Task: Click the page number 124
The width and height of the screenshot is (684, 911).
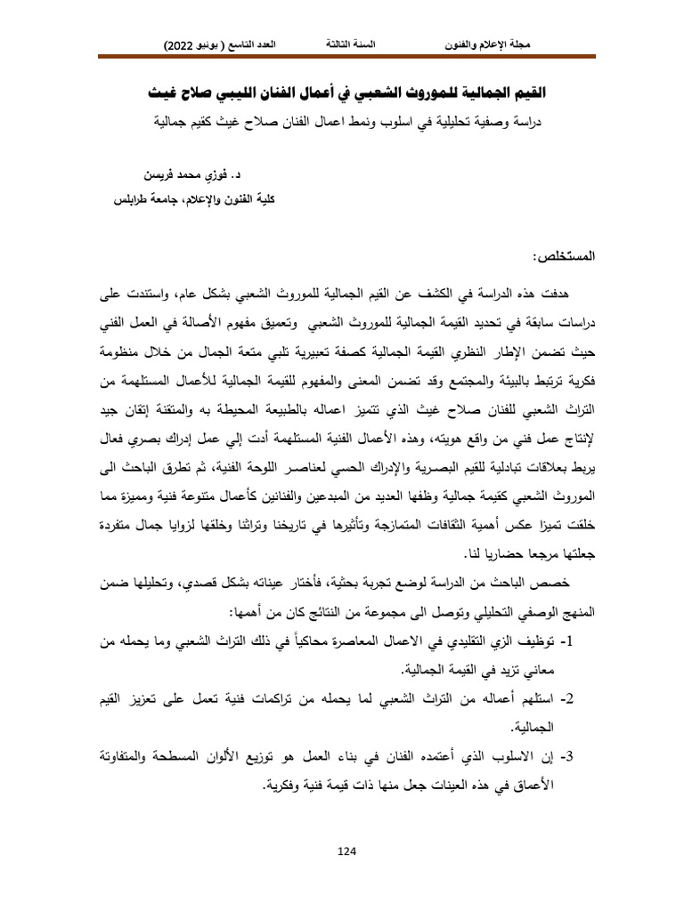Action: [x=347, y=851]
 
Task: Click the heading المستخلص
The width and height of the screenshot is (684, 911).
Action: [x=565, y=255]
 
